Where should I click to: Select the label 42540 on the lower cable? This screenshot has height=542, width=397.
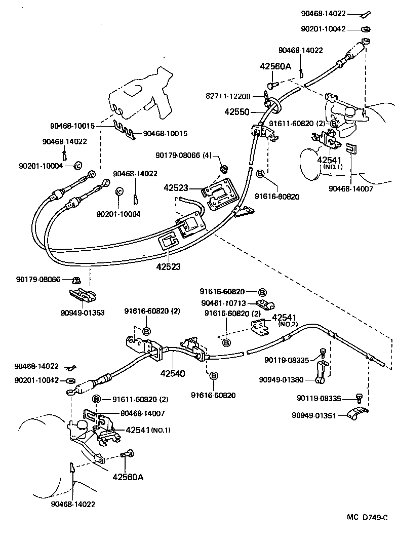(x=172, y=374)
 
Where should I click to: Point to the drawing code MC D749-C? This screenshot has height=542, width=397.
(x=367, y=517)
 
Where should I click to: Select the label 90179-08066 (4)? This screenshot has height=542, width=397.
(x=183, y=156)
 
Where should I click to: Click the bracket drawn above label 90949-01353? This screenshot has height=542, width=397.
(x=81, y=295)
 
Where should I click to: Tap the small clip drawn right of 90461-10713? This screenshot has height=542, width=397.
(x=263, y=305)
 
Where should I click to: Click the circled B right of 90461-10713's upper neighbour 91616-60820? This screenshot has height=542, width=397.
(x=262, y=292)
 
